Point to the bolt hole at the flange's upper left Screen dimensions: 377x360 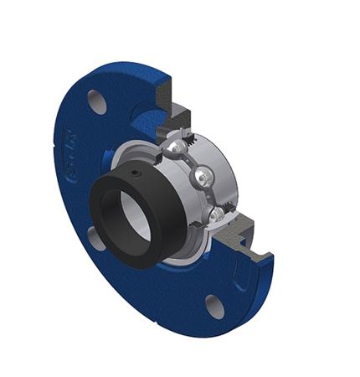(x=97, y=101)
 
